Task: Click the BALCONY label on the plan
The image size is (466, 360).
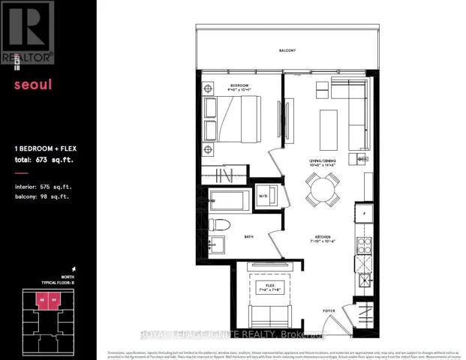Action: click(x=287, y=50)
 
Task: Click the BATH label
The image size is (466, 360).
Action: click(x=248, y=237)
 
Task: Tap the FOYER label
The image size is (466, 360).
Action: click(x=329, y=310)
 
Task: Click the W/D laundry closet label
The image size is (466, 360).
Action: click(x=263, y=197)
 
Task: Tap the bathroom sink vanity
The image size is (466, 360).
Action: click(x=217, y=244)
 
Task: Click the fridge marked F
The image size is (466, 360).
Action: click(x=364, y=214)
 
